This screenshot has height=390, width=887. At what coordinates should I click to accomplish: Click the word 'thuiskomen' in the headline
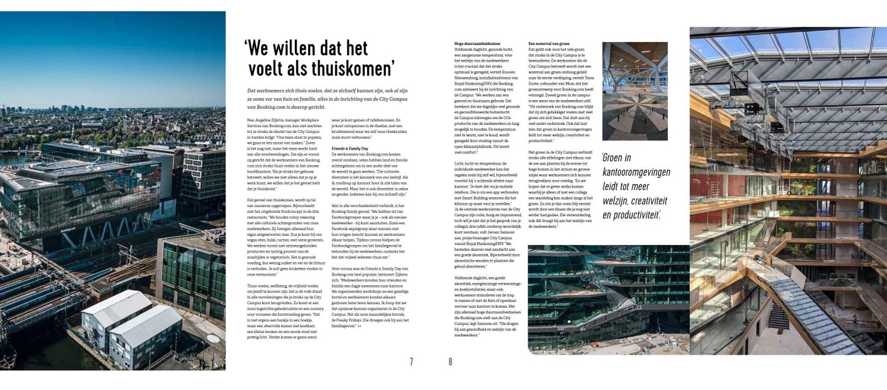[x=351, y=68]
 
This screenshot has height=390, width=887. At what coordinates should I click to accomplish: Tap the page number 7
[x=411, y=362]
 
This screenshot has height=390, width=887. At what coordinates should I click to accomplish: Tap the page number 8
[x=450, y=362]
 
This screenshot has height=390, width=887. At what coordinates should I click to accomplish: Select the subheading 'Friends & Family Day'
[x=350, y=149]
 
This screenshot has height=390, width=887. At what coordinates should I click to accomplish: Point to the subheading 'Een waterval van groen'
[x=549, y=44]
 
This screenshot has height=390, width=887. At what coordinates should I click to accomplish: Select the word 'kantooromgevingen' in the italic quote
[x=636, y=172]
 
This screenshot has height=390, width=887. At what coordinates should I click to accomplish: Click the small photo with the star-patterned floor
[x=634, y=91]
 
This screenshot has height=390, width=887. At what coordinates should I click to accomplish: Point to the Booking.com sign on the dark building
[x=68, y=230]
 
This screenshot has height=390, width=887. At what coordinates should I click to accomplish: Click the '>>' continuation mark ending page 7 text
[x=359, y=326]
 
